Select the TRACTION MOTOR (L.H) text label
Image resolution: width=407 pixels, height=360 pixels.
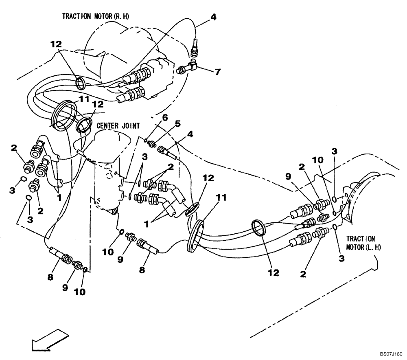(x=363, y=243)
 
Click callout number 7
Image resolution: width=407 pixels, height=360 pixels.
(x=218, y=72)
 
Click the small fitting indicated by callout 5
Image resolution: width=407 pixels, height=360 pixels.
(x=151, y=143)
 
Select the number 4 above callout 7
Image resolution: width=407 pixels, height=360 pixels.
(x=213, y=17)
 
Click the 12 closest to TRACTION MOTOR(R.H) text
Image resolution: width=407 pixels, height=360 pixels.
(x=57, y=43)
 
